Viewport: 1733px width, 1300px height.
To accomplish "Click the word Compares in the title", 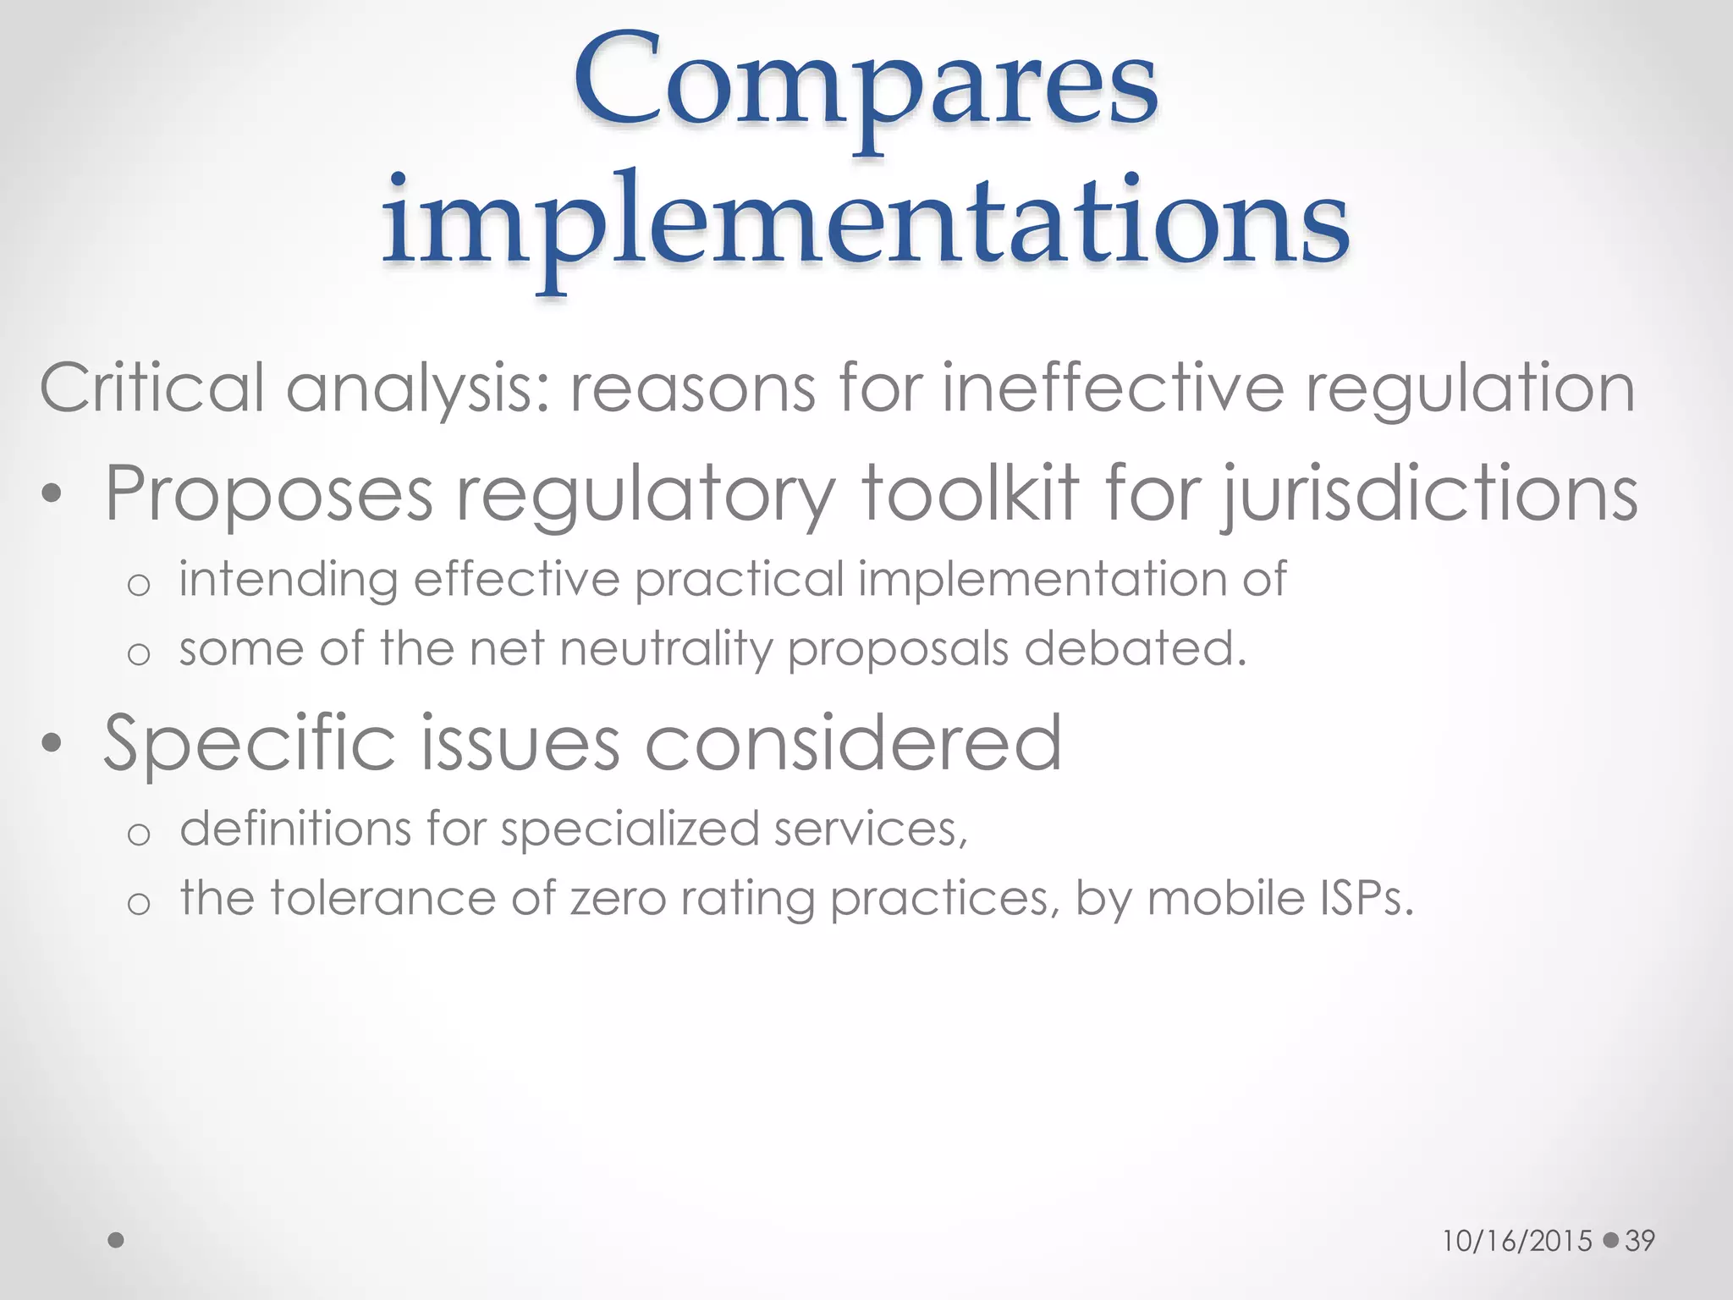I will pos(866,85).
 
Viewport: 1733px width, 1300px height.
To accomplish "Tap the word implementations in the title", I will pos(866,222).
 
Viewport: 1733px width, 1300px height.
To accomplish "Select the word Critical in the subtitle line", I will pos(152,388).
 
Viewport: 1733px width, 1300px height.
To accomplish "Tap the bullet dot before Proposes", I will pos(52,496).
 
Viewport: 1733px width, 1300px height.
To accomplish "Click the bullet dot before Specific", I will pos(52,744).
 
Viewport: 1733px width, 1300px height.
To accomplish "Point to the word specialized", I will pos(630,829).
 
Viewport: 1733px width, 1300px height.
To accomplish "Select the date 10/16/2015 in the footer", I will pos(1517,1241).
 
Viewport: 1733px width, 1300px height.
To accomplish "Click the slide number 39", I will pos(1640,1241).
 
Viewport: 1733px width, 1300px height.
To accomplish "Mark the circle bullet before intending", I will pos(139,585).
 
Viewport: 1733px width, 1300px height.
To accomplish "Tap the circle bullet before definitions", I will pos(139,835).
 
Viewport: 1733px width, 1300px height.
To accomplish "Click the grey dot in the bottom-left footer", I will pos(117,1240).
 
